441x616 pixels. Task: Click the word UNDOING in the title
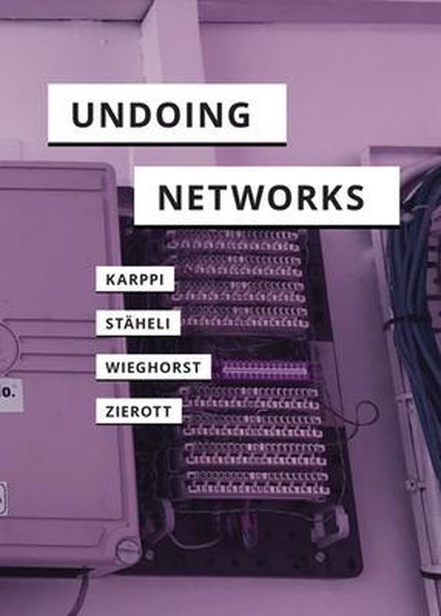click(x=161, y=114)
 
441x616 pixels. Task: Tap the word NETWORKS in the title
click(x=262, y=197)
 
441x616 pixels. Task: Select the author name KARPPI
click(x=135, y=280)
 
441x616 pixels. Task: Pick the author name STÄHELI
click(x=138, y=324)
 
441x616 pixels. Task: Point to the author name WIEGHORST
click(x=153, y=368)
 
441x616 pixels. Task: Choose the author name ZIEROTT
click(x=138, y=412)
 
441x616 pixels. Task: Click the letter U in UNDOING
click(x=83, y=114)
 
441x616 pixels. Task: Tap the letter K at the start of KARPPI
click(x=110, y=280)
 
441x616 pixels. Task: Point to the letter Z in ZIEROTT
click(x=110, y=412)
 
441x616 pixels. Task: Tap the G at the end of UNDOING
click(x=239, y=114)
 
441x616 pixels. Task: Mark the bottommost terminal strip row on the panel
click(x=259, y=490)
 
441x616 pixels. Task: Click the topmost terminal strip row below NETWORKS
click(x=234, y=236)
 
